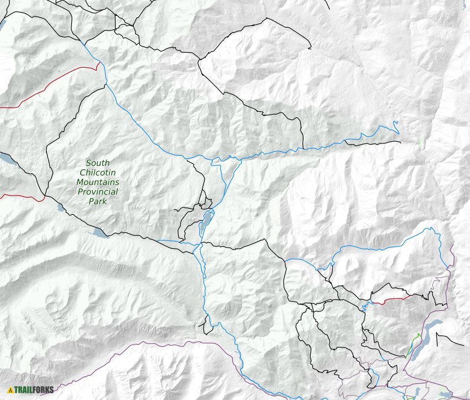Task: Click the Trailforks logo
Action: pyautogui.click(x=31, y=389)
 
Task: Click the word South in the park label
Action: pyautogui.click(x=98, y=163)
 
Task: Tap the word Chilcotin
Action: pyautogui.click(x=98, y=172)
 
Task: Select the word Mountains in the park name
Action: pyautogui.click(x=98, y=182)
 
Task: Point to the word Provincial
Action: pyautogui.click(x=98, y=192)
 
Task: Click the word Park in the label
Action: pyautogui.click(x=98, y=201)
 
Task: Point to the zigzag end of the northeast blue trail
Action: pyautogui.click(x=395, y=126)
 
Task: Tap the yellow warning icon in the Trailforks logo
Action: pyautogui.click(x=11, y=389)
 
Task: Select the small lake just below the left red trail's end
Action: pyautogui.click(x=59, y=208)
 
